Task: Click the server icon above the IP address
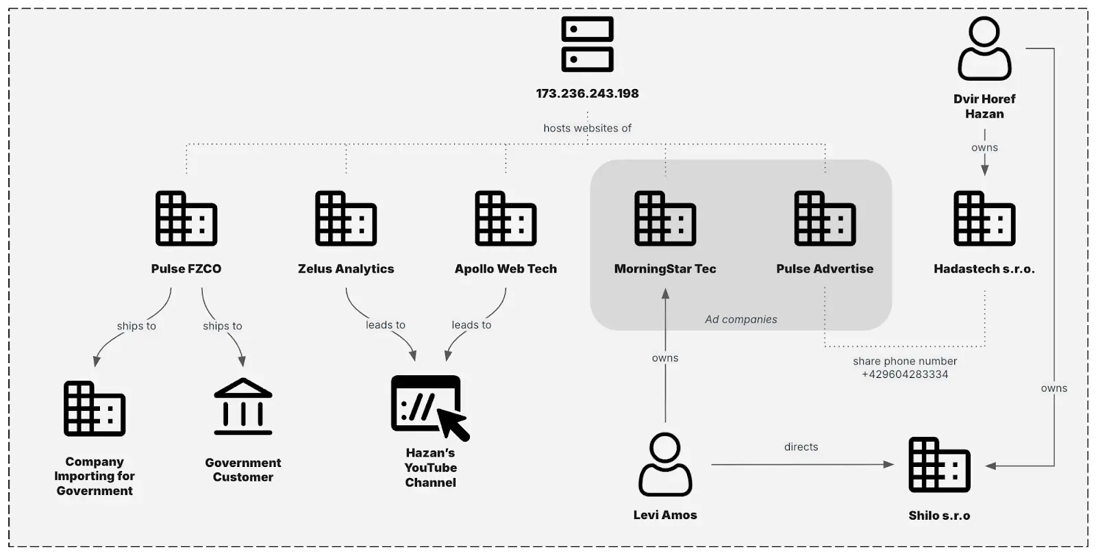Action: pos(587,45)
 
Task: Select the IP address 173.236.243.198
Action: pos(587,93)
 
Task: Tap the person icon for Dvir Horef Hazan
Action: pos(984,49)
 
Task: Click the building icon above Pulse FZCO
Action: pos(186,218)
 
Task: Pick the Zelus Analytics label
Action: pos(346,269)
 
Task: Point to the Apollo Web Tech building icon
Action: pos(506,218)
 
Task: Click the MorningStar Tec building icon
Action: pos(665,218)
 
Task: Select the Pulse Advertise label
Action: pos(825,269)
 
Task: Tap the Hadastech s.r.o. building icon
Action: pos(984,218)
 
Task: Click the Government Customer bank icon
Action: pos(243,407)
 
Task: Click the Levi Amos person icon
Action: pos(665,464)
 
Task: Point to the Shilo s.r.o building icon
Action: pos(939,465)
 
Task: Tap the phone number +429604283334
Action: pos(905,375)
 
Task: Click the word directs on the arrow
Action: pos(801,447)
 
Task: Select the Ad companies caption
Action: pos(741,319)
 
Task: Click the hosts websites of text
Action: pos(587,128)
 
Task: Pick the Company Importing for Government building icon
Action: pos(95,409)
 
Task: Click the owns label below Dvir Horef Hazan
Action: pos(984,147)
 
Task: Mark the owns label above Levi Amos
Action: pos(665,358)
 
